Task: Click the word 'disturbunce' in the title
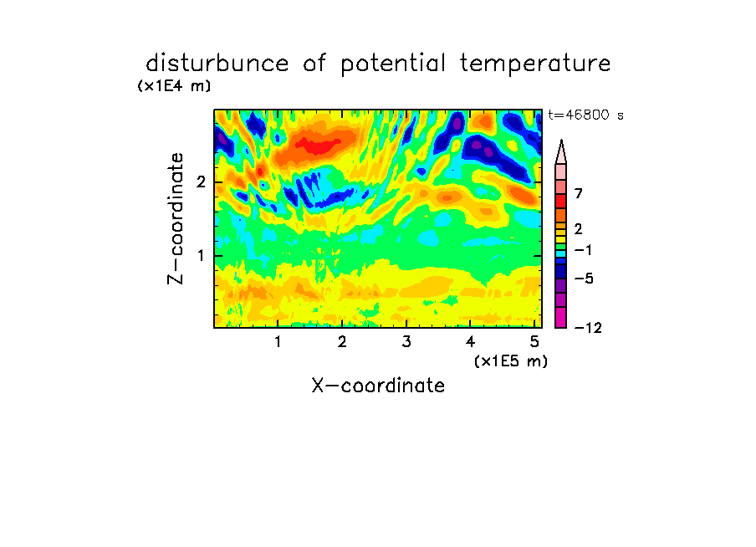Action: tap(217, 63)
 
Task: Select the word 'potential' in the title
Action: tap(393, 64)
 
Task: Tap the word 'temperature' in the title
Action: tap(535, 64)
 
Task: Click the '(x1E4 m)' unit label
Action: tap(174, 86)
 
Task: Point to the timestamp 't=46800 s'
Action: tap(585, 115)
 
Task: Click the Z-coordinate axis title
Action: tap(176, 218)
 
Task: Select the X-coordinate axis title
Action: tap(378, 386)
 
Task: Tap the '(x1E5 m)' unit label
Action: tap(511, 360)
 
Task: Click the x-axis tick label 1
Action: tap(278, 341)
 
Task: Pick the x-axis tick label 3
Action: tap(406, 341)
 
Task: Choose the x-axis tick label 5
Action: tap(534, 341)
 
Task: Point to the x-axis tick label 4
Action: tap(470, 341)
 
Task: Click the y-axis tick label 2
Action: tap(201, 182)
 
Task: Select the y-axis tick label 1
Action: tap(202, 256)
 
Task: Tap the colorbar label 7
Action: tap(579, 193)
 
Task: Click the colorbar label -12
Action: tap(588, 328)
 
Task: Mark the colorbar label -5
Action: tap(584, 279)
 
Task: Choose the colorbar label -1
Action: tap(584, 250)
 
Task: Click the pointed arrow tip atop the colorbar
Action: tap(561, 141)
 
